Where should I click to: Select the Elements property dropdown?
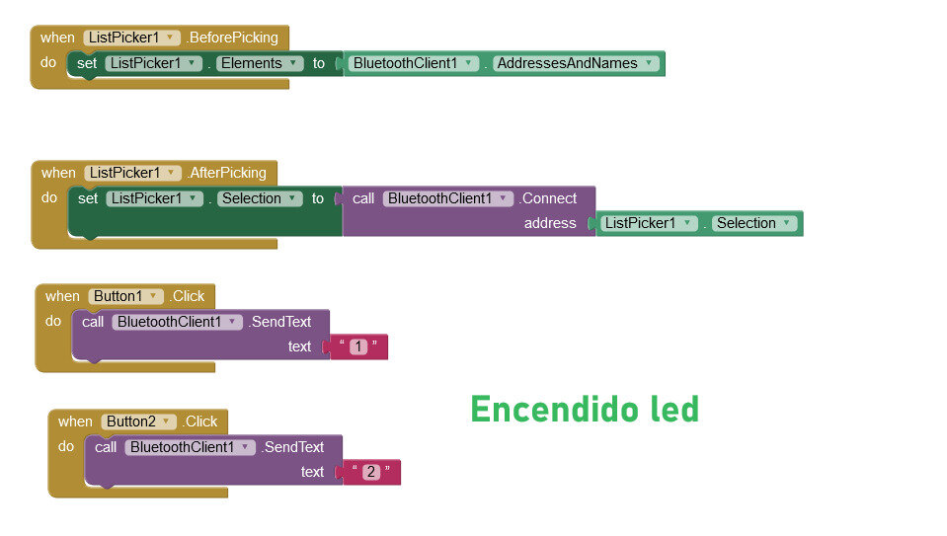pyautogui.click(x=261, y=63)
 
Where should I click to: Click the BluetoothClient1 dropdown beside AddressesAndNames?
pyautogui.click(x=413, y=63)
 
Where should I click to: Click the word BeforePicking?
pyautogui.click(x=234, y=38)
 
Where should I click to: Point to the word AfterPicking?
pyautogui.click(x=228, y=173)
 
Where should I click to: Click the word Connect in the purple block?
pyautogui.click(x=549, y=198)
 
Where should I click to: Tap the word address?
pyautogui.click(x=550, y=223)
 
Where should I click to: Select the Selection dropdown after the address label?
pyautogui.click(x=754, y=223)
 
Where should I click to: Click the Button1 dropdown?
pyautogui.click(x=126, y=296)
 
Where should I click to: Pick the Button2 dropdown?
pyautogui.click(x=139, y=421)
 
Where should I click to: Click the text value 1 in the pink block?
pyautogui.click(x=358, y=346)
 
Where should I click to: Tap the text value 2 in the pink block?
pyautogui.click(x=371, y=472)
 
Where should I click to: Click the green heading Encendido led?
pyautogui.click(x=585, y=409)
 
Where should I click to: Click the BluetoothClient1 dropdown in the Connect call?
pyautogui.click(x=447, y=198)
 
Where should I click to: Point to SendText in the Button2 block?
pyautogui.click(x=293, y=447)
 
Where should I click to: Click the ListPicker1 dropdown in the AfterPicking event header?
pyautogui.click(x=132, y=173)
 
